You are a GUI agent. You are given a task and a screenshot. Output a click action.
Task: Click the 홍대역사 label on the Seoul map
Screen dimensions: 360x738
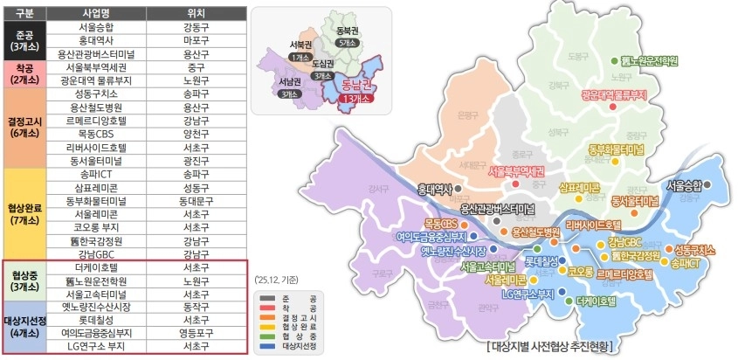435,188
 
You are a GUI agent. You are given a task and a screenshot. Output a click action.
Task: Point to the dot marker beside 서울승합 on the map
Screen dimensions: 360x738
707,185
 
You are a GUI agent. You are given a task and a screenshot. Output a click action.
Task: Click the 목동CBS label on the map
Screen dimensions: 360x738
441,224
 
